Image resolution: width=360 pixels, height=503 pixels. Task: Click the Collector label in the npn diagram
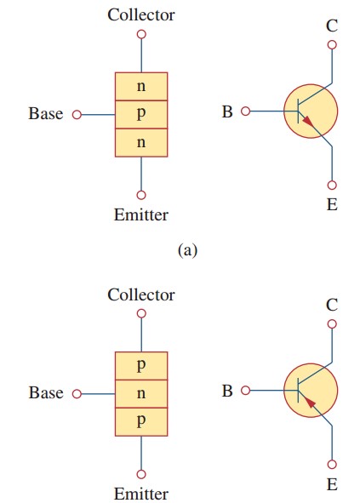point(141,14)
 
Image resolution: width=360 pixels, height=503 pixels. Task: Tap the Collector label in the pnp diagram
point(141,294)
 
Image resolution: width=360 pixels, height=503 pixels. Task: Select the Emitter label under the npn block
point(141,214)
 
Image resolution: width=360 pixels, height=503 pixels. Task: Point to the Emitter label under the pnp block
point(141,494)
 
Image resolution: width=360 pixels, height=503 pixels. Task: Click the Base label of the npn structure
point(46,114)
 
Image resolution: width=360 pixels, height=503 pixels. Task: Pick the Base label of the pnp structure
point(46,393)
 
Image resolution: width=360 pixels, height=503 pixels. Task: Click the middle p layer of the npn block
point(141,114)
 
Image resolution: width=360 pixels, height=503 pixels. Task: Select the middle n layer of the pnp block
point(141,393)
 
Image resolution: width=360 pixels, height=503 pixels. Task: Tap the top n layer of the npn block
point(141,87)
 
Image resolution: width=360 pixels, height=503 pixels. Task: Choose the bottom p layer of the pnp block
point(141,421)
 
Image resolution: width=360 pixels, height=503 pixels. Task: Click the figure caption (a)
point(187,249)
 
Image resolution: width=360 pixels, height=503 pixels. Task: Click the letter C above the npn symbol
point(332,26)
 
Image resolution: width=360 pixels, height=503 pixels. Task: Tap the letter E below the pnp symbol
point(332,484)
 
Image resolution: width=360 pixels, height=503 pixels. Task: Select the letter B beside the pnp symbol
point(227,392)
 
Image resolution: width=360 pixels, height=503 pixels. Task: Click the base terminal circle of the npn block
point(77,114)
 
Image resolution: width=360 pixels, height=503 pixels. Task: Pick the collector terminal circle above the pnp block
point(141,313)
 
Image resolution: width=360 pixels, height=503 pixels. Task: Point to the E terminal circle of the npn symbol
point(332,184)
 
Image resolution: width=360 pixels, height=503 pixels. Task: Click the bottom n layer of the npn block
point(141,142)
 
